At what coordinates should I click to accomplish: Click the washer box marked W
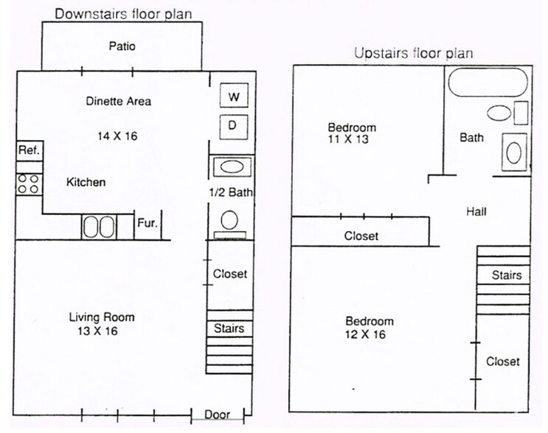234,96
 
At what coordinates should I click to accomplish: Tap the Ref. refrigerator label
29,150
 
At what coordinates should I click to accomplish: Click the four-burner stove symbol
29,183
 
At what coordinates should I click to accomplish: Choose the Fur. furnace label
147,222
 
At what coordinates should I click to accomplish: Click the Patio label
122,46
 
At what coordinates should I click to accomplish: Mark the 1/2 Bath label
230,193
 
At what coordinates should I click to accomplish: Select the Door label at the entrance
217,415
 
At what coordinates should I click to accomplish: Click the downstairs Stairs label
229,328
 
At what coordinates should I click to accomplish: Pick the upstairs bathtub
488,83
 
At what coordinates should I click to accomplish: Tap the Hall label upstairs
476,212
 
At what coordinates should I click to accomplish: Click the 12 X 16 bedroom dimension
370,334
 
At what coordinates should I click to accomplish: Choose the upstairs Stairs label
507,275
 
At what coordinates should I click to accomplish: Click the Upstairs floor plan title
413,53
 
